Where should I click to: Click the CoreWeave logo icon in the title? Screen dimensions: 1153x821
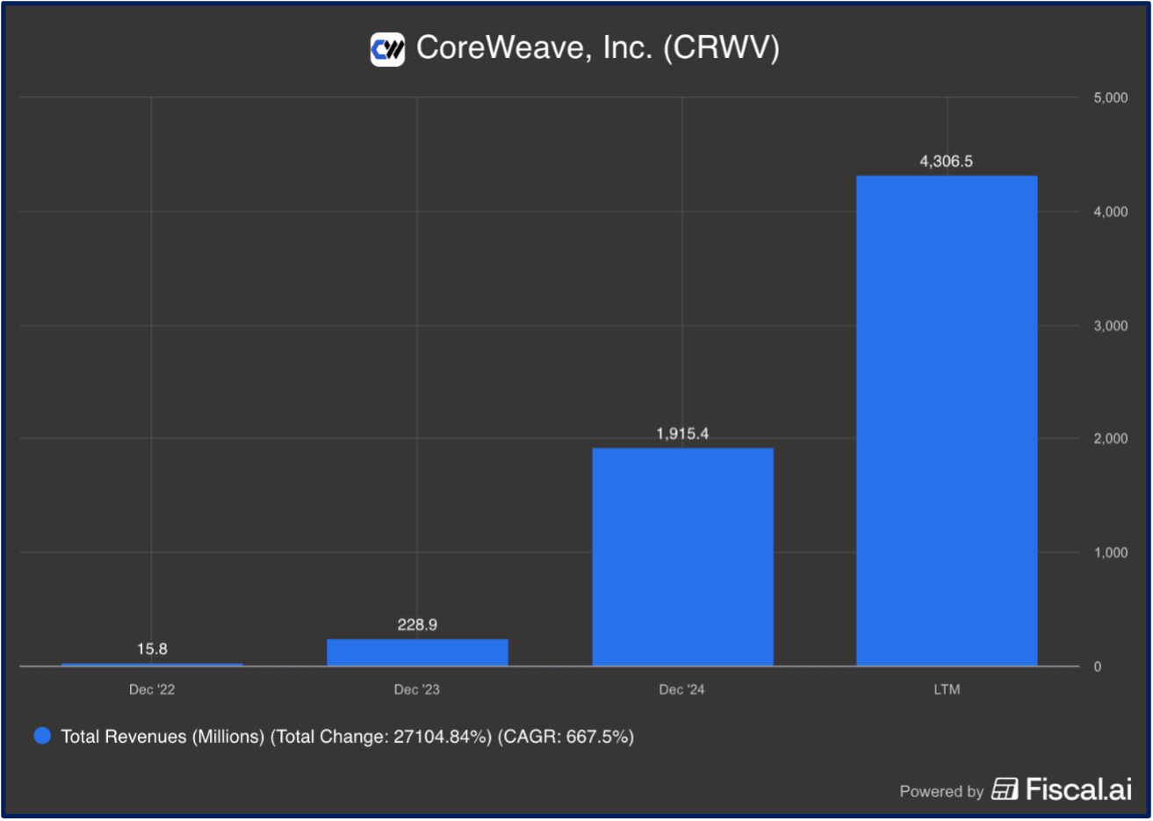coord(387,49)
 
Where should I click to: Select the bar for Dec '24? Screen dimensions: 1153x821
coord(682,557)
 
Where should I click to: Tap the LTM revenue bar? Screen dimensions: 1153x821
coord(948,421)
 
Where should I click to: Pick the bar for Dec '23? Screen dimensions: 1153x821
coord(417,652)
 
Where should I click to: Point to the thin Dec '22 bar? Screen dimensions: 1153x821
coord(152,665)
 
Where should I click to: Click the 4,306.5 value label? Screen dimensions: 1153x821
coord(946,161)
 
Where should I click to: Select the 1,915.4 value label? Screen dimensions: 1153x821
coord(682,434)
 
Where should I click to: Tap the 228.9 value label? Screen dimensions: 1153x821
coord(417,625)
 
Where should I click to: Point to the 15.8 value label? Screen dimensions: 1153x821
coord(152,649)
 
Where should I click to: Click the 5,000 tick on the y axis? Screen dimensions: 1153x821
coord(1110,97)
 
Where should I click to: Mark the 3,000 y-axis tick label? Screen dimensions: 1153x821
coord(1110,325)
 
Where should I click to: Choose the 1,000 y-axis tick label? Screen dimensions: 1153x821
coord(1110,552)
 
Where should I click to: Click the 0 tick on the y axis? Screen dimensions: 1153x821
coord(1098,666)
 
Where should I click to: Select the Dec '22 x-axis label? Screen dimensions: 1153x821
coord(152,690)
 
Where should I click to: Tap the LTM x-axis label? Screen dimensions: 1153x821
coord(948,690)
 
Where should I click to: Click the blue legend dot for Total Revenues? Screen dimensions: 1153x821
coord(42,736)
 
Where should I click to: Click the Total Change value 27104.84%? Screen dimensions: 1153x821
coord(440,737)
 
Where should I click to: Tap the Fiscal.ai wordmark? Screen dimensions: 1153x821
coord(1079,789)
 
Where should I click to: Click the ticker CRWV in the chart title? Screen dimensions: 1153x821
coord(721,47)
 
